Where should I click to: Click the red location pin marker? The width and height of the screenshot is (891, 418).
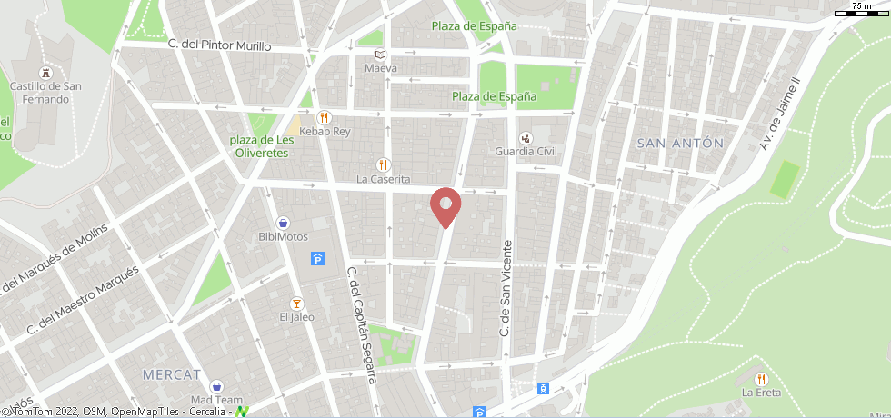pyautogui.click(x=445, y=205)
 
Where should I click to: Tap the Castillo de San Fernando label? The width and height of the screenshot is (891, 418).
pyautogui.click(x=39, y=93)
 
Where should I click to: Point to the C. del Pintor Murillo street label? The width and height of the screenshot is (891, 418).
pyautogui.click(x=220, y=45)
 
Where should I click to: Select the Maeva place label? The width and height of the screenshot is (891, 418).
pyautogui.click(x=381, y=68)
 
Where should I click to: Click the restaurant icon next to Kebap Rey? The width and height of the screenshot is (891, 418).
pyautogui.click(x=323, y=117)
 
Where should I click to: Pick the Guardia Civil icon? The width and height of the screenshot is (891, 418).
pyautogui.click(x=526, y=138)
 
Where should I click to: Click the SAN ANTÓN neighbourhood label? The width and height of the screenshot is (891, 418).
pyautogui.click(x=680, y=143)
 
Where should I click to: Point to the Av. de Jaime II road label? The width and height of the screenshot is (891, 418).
pyautogui.click(x=780, y=113)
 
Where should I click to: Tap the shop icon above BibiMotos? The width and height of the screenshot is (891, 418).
pyautogui.click(x=283, y=222)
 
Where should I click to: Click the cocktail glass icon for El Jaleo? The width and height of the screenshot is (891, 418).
pyautogui.click(x=295, y=303)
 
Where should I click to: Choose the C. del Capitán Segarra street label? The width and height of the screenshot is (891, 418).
pyautogui.click(x=361, y=324)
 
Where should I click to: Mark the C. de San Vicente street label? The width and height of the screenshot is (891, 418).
pyautogui.click(x=507, y=288)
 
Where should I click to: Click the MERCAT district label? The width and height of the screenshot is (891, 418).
pyautogui.click(x=172, y=374)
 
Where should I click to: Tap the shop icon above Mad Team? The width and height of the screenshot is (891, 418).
pyautogui.click(x=216, y=385)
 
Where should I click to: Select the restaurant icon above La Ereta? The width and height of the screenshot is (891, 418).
pyautogui.click(x=761, y=379)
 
